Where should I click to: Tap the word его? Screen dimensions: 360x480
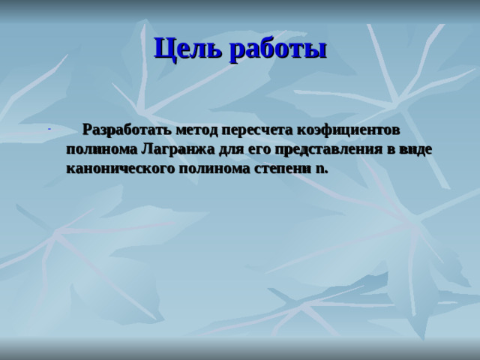click(x=244, y=148)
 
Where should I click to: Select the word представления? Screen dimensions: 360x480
click(x=319, y=148)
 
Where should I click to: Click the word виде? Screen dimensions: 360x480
click(x=415, y=148)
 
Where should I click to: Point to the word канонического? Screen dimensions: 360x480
click(x=121, y=167)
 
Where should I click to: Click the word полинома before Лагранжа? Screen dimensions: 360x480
click(x=101, y=148)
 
